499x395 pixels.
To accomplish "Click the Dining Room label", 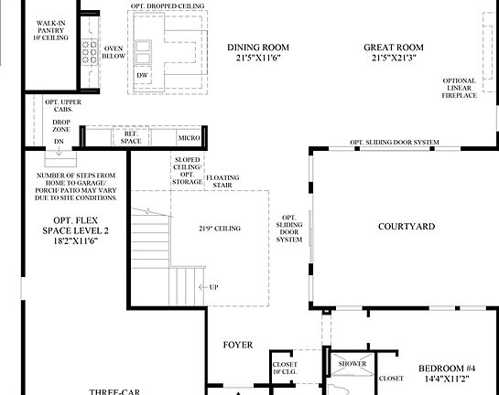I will point(257,52).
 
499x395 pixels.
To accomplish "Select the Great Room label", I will point(394,52).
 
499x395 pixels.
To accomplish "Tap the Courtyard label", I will point(406,226).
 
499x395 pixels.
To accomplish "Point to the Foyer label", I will point(238,346).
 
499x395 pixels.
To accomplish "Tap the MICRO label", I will point(190,137).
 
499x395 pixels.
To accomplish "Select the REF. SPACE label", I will point(124,137).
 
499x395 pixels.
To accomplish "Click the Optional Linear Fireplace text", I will point(459,88).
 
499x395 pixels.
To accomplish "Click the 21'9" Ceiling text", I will point(219,228).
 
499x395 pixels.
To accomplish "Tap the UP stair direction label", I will point(213,287).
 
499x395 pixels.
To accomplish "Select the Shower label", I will point(353,364).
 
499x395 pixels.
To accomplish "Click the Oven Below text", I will point(114,51).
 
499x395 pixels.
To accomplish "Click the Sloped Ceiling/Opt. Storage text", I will point(187,170).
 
